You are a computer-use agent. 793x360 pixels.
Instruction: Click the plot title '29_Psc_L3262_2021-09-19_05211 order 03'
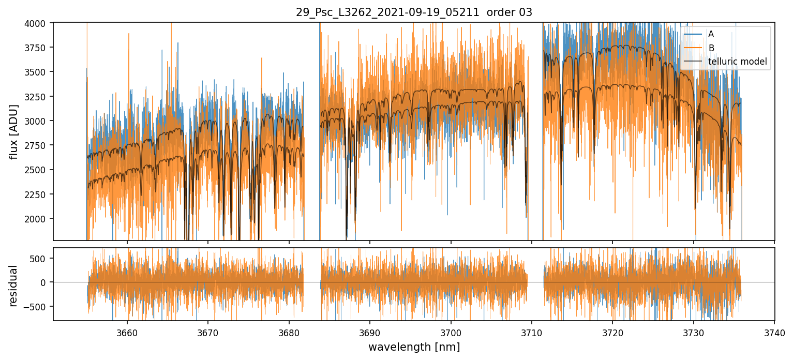tap(414, 12)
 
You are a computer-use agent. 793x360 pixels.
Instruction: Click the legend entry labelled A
tap(711, 34)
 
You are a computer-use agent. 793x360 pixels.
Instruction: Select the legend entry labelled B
tap(711, 48)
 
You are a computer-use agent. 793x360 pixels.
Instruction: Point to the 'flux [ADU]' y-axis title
tap(14, 131)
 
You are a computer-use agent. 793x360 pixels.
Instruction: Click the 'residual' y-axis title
tap(14, 286)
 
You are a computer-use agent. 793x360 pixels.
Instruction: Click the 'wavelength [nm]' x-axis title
tap(414, 347)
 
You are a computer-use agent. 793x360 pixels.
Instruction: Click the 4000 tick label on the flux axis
tap(38, 23)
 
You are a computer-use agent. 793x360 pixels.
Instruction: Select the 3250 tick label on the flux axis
tap(38, 97)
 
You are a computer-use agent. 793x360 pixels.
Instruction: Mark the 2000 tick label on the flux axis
tap(38, 219)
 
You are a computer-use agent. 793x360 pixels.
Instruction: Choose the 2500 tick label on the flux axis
tap(38, 170)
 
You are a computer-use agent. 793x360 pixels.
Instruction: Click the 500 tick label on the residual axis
tap(42, 258)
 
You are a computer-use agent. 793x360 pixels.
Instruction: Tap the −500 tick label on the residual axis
tap(39, 307)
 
